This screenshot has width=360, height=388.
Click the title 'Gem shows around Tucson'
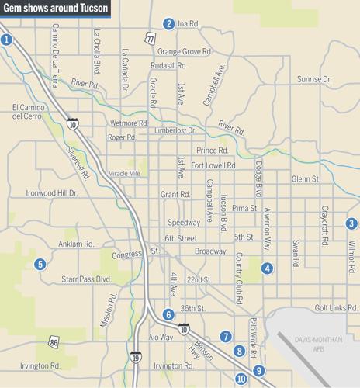point(56,10)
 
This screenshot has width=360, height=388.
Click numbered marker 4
point(267,268)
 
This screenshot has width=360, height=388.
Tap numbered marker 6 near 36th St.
point(168,314)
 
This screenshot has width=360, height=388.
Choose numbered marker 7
point(225,336)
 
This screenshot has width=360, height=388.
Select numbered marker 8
point(240,352)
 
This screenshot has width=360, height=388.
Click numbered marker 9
point(258,370)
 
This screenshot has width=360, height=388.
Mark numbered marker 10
point(241,379)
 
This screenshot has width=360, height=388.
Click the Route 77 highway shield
point(150,37)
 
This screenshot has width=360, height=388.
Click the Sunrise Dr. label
point(314,79)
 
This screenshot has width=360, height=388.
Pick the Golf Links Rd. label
point(334,308)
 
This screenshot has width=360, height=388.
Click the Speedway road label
point(184,223)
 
